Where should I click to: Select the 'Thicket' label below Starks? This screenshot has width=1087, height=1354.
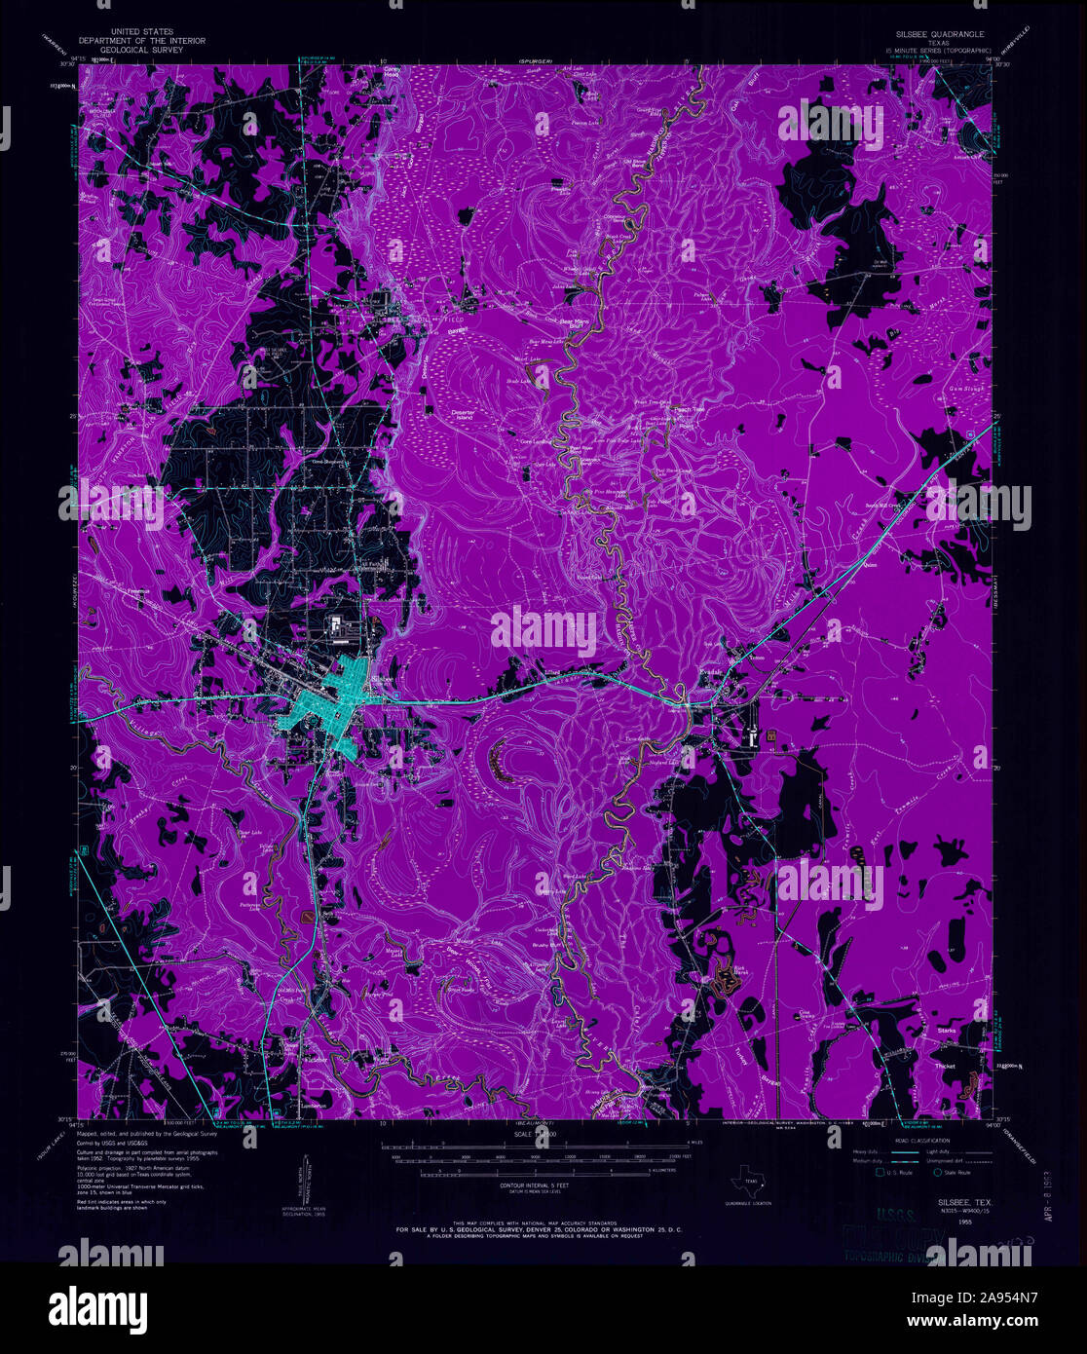point(944,1066)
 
